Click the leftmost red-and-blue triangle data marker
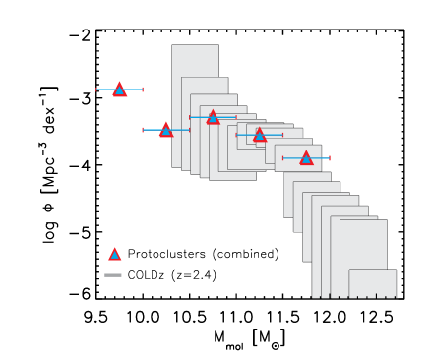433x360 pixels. (119, 90)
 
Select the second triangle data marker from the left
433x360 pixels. (166, 129)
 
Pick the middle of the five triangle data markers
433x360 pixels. (213, 117)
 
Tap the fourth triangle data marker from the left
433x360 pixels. (260, 135)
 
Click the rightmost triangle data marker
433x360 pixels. (306, 158)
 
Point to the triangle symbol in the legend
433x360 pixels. (114, 255)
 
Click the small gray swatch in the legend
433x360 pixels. (113, 275)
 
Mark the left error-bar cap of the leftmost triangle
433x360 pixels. (96, 90)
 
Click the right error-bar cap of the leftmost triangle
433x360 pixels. (143, 90)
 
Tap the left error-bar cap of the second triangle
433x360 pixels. (143, 130)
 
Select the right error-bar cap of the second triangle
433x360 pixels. (189, 130)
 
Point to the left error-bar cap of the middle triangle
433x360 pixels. (190, 117)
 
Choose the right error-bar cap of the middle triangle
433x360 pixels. (236, 117)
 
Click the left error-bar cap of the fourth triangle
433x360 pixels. (236, 135)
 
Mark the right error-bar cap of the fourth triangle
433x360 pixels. (282, 135)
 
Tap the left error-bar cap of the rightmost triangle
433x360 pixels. (283, 158)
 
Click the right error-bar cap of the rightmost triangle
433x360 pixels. (329, 158)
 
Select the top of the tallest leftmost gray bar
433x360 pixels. (195, 45)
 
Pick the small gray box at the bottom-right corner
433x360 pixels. (372, 283)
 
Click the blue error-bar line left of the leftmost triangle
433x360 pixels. (105, 90)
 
